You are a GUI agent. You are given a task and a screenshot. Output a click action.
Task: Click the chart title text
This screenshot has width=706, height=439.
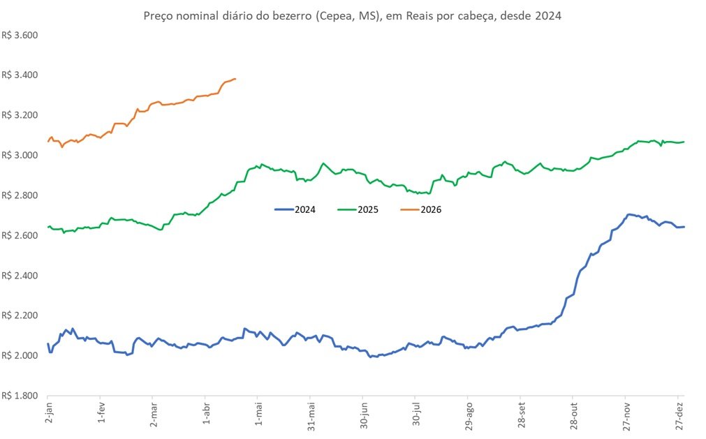point(352,15)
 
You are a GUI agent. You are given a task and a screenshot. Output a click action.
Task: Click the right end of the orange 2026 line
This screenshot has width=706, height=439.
point(235,79)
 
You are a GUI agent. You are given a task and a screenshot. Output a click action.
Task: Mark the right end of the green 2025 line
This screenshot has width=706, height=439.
point(684,142)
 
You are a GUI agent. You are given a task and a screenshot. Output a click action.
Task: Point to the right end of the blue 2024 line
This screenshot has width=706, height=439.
point(684,226)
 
